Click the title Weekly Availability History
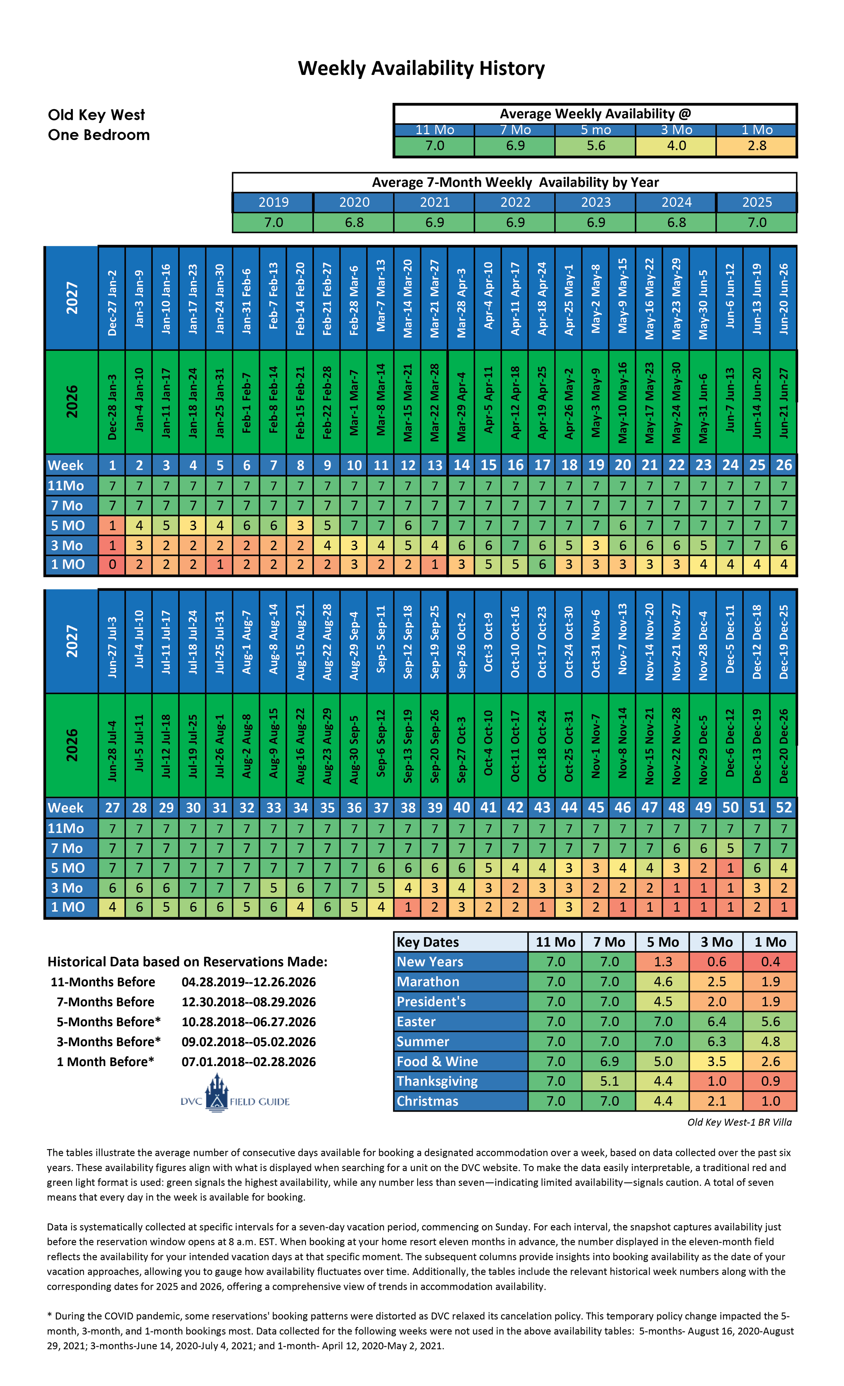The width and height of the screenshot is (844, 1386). coord(421,69)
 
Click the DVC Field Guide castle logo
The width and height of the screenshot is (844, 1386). coord(217,1093)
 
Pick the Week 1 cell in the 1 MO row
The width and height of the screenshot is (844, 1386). coord(112,564)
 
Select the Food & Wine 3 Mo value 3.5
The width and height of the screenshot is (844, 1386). coord(716,1061)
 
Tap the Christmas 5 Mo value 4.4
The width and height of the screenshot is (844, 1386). coord(663,1101)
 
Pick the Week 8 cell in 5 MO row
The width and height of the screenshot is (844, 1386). coord(300,525)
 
